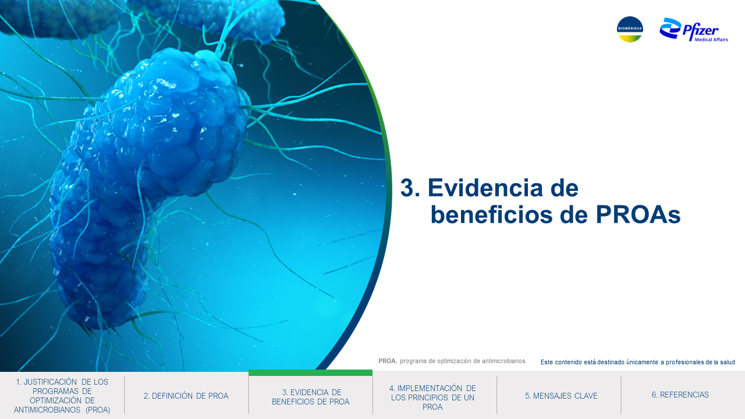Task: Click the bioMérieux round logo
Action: point(630,29)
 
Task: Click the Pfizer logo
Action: point(693,30)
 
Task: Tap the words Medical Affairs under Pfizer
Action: point(711,40)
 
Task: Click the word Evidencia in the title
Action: point(503,188)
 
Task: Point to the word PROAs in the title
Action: point(638,215)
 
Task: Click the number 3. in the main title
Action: point(410,188)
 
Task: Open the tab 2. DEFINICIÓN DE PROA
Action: point(186,396)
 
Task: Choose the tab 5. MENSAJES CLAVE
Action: point(561,396)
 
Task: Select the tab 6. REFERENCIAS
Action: point(680,395)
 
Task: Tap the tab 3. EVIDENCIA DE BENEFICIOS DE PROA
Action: point(311,397)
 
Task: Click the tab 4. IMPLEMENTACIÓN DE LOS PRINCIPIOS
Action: point(432,397)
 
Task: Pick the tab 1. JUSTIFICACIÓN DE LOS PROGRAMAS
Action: point(62,396)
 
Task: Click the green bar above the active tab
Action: point(310,373)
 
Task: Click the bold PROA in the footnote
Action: point(387,361)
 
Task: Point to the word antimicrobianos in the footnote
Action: point(503,361)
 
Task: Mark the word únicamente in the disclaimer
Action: point(642,362)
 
